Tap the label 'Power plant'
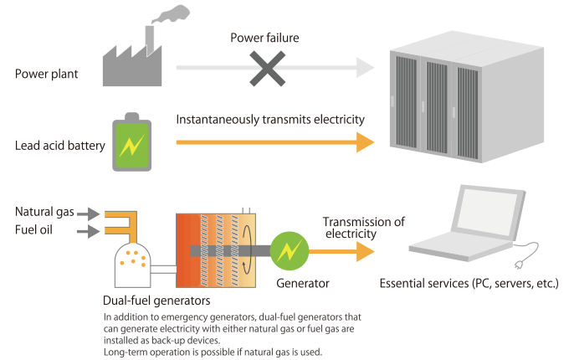(46, 74)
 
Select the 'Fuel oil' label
(34, 229)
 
